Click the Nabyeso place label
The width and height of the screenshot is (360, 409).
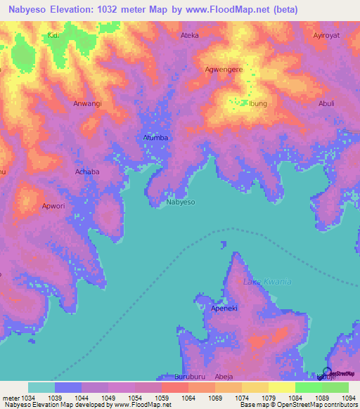[181, 202]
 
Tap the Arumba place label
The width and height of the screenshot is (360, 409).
[155, 138]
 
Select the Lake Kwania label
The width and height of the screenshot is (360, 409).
[267, 282]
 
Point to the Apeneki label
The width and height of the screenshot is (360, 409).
[227, 309]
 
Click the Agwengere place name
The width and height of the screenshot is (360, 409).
[224, 70]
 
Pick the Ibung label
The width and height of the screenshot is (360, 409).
[258, 104]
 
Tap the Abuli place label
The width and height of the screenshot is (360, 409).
[326, 103]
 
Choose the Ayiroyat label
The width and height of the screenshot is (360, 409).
[327, 34]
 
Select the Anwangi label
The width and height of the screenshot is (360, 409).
[88, 103]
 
